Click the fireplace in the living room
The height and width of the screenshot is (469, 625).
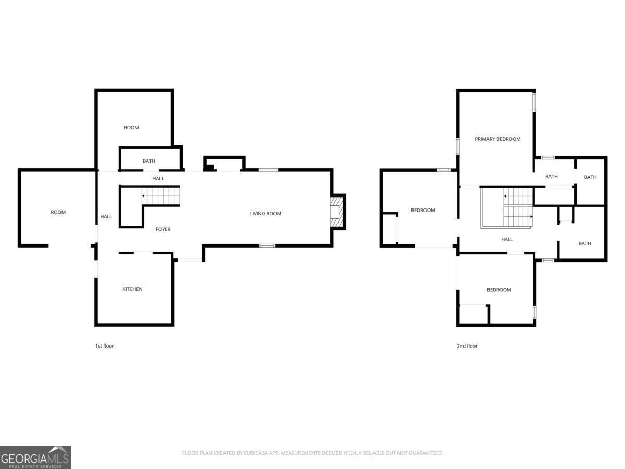point(337,212)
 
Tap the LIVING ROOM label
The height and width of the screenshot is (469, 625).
point(266,213)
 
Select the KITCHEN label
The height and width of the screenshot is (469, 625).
point(132,289)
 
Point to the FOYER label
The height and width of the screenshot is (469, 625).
point(163,229)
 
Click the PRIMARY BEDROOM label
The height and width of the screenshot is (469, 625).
point(497,139)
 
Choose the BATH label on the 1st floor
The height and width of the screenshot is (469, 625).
point(149,161)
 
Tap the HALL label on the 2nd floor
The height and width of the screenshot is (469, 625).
point(507,240)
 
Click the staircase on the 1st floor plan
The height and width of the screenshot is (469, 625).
point(161,196)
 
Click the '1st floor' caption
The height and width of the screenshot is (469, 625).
point(104,346)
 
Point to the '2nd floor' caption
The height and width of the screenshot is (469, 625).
point(467,346)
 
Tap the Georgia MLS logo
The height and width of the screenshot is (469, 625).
point(35,457)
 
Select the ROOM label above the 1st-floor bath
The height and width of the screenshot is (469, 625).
point(131,128)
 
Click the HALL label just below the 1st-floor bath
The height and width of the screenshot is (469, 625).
point(158,179)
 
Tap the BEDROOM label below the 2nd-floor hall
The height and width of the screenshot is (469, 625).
point(499,290)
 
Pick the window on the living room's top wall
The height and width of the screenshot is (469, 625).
point(268,170)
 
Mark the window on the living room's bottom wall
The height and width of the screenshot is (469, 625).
point(267,245)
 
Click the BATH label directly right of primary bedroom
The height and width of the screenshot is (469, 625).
point(552,177)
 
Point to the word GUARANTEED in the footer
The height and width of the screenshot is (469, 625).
point(424,453)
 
